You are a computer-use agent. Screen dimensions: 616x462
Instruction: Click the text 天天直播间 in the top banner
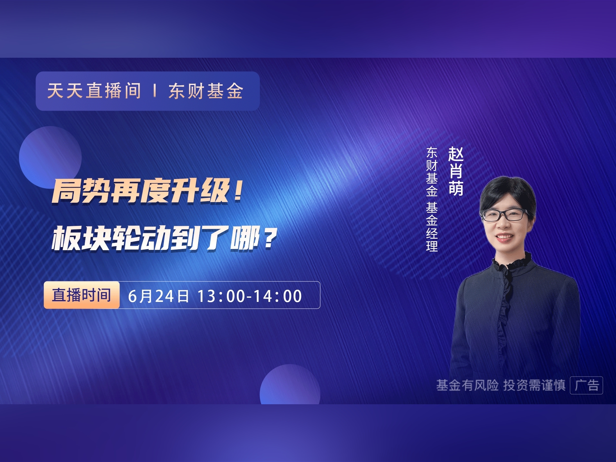94,91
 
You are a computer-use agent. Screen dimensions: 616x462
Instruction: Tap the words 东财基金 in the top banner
206,91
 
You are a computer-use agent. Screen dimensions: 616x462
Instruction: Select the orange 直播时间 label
81,295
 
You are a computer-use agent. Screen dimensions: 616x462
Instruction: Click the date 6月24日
158,296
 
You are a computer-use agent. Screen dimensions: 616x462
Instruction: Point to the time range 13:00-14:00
250,296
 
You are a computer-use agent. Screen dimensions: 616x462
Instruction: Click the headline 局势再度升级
141,191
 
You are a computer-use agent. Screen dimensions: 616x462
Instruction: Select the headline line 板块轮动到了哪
156,238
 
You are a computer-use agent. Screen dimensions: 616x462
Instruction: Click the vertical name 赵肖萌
456,171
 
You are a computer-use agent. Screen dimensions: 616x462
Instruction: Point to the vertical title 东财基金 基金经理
432,199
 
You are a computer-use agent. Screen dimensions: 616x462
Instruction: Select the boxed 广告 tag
586,385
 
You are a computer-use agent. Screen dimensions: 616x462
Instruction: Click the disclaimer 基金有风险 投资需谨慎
501,385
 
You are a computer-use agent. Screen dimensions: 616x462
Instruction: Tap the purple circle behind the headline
50,157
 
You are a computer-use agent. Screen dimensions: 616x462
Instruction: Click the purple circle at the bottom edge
290,384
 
